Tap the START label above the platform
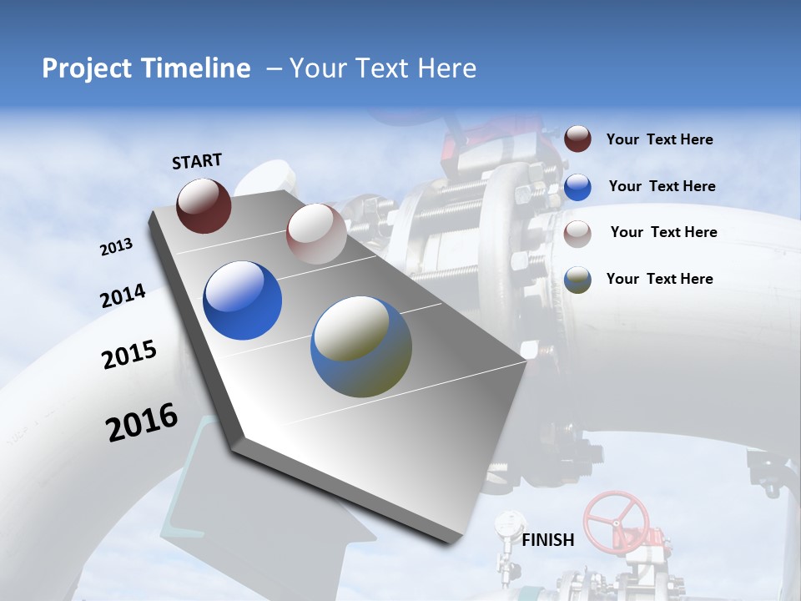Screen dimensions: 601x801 point(197,161)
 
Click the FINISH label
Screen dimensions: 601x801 point(548,540)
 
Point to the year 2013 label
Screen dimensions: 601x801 point(117,247)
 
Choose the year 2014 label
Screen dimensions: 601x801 point(123,296)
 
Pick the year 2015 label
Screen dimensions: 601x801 point(129,355)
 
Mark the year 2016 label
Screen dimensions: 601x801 point(142,422)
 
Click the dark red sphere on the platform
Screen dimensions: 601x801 point(204,205)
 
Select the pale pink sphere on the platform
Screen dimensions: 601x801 point(316,234)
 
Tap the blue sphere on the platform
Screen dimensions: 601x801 point(242,300)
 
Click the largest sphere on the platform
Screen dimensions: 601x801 point(361,346)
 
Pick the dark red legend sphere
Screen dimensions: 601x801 point(577,139)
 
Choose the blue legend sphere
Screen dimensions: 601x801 point(577,186)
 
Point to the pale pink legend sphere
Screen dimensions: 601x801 point(577,234)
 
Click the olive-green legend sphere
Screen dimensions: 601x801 point(577,280)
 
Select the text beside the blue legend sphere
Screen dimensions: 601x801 point(662,186)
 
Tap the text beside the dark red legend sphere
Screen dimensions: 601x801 point(659,139)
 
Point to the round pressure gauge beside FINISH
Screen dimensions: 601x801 point(506,523)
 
